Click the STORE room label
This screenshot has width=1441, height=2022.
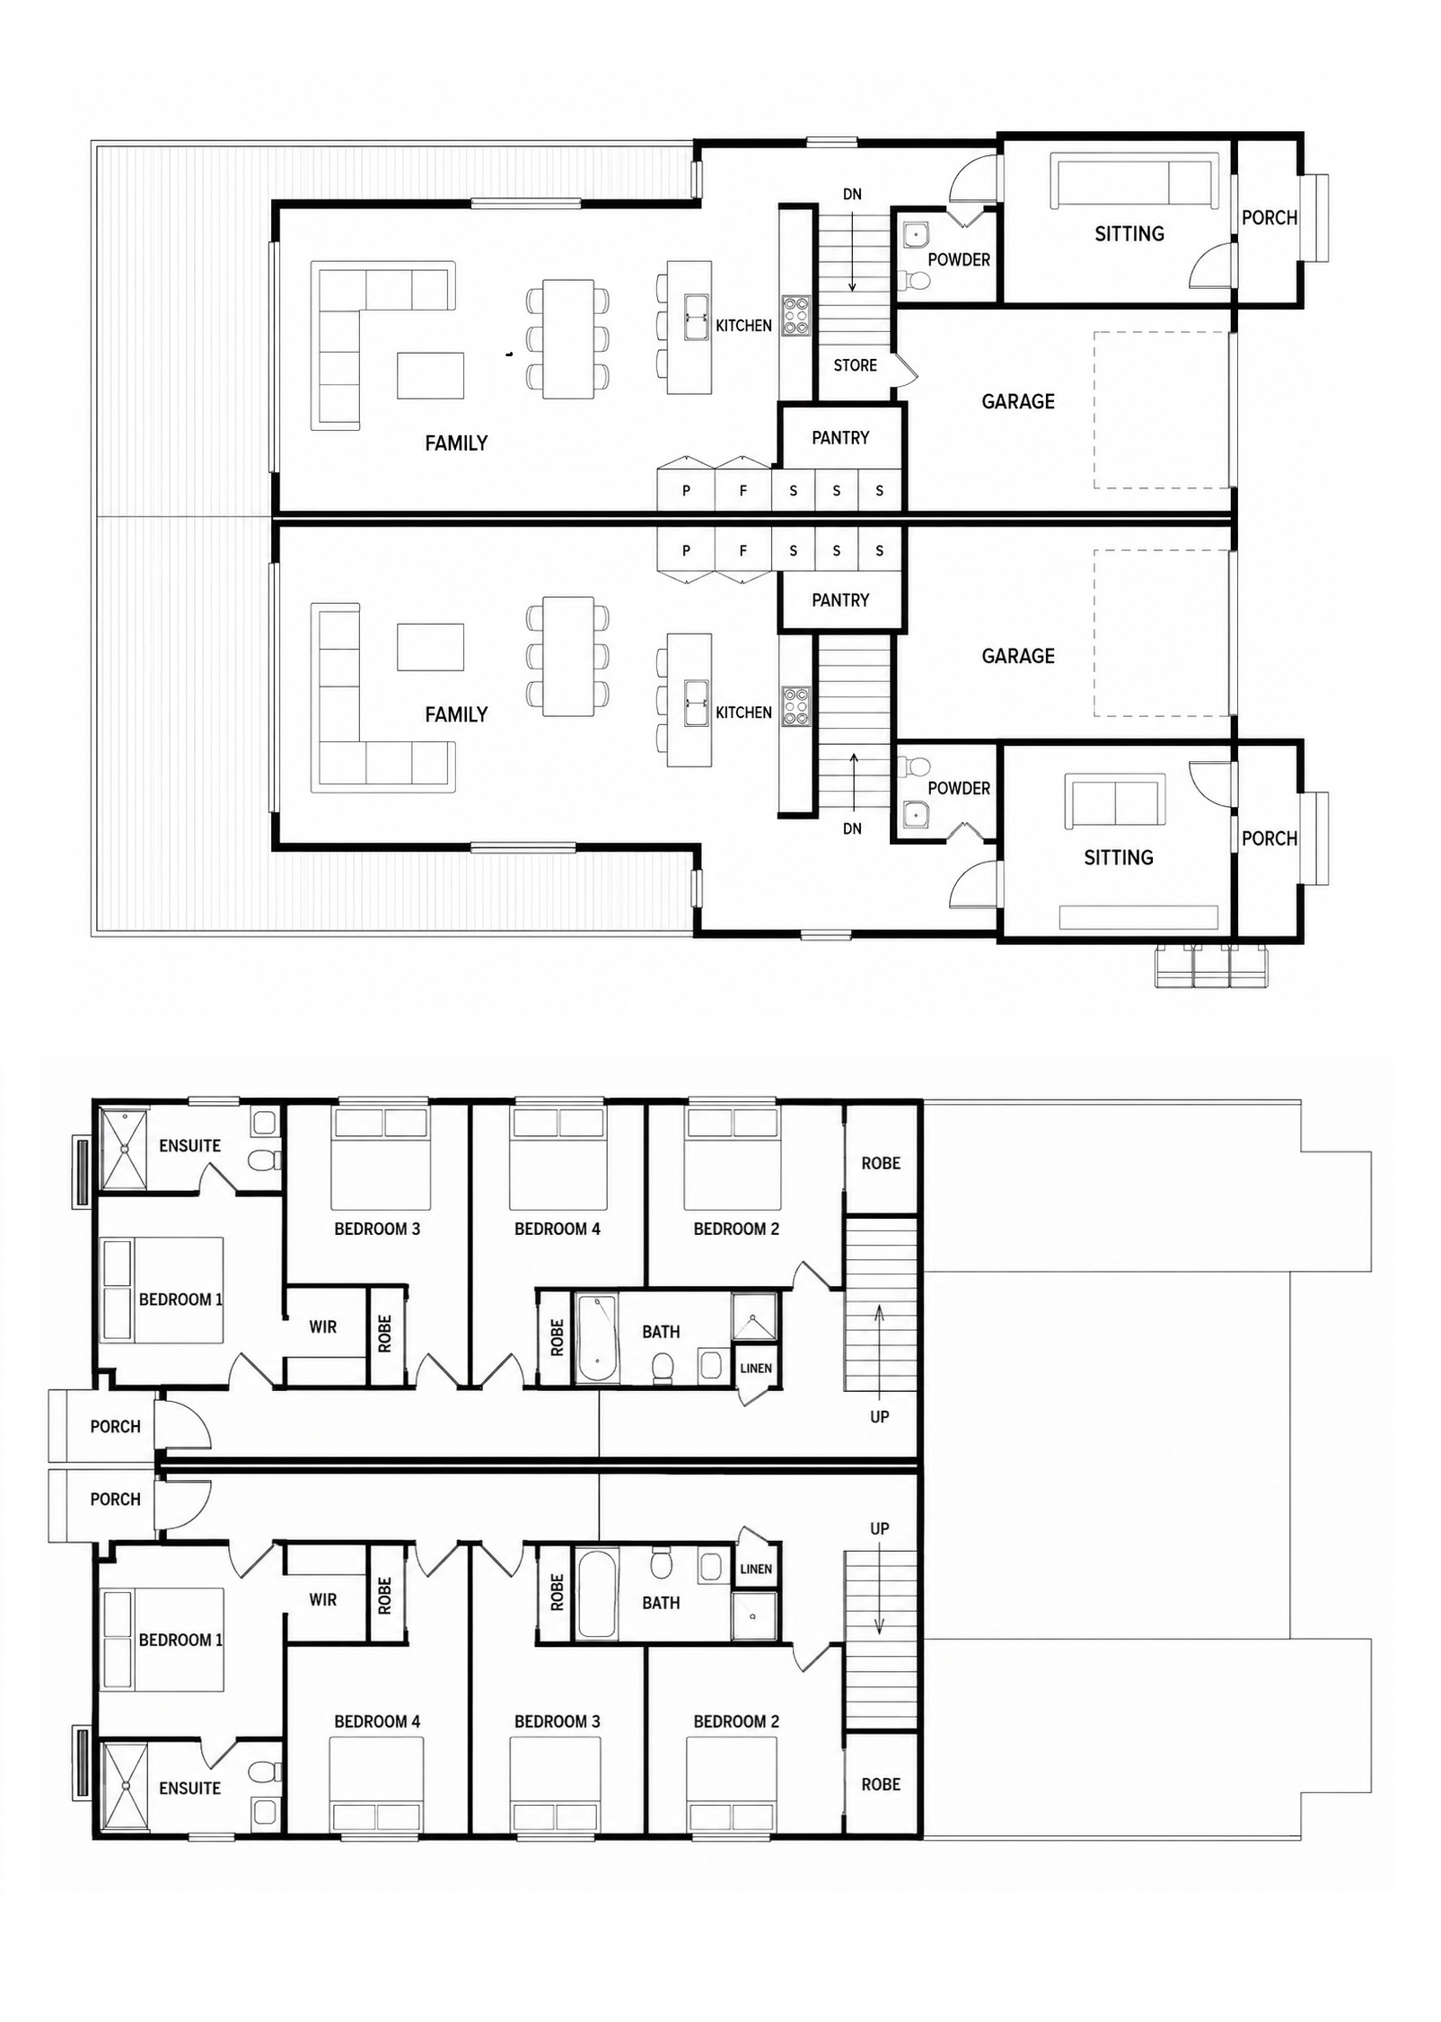click(855, 365)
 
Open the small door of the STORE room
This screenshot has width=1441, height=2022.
click(905, 369)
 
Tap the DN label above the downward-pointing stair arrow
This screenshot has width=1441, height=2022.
click(852, 195)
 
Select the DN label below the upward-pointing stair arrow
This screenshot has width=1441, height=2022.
click(852, 829)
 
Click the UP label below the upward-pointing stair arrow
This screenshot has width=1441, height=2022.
click(880, 1416)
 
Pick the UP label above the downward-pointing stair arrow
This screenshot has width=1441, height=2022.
click(880, 1528)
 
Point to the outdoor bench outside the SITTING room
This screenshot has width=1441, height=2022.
click(1212, 966)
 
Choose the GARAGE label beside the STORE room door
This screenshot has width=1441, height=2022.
click(1018, 401)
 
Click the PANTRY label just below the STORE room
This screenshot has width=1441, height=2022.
click(840, 438)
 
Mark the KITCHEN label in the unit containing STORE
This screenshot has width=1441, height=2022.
click(743, 326)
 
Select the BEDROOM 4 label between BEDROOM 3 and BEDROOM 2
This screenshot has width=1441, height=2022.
click(557, 1229)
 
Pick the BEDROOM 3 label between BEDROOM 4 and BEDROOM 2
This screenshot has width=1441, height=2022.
click(557, 1721)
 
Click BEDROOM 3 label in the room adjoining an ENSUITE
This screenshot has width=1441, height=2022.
click(377, 1229)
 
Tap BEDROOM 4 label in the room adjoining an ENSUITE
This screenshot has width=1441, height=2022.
click(377, 1721)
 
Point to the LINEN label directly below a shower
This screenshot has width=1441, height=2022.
click(756, 1369)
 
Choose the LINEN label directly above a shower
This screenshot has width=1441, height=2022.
click(756, 1570)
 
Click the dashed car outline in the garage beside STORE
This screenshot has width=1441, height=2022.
click(1161, 410)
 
